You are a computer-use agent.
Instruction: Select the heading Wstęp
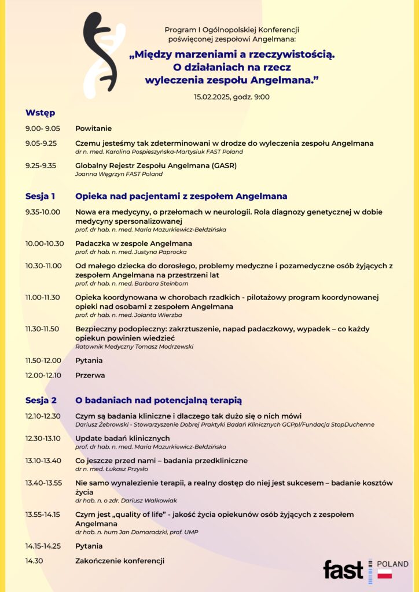point(40,113)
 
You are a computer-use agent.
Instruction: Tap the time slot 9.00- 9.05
point(42,128)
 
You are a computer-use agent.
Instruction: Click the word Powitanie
point(93,128)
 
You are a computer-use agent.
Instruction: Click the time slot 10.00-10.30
point(45,243)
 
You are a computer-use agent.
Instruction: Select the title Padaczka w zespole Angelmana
point(134,243)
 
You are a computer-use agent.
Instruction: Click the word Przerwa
point(90,375)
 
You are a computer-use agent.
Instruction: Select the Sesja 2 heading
point(41,400)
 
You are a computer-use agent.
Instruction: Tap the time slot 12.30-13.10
point(44,438)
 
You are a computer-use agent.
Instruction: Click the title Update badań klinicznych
point(123,438)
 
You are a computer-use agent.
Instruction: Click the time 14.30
point(34,560)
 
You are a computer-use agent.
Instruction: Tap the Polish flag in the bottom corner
point(384,573)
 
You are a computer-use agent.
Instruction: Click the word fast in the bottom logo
point(343,569)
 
